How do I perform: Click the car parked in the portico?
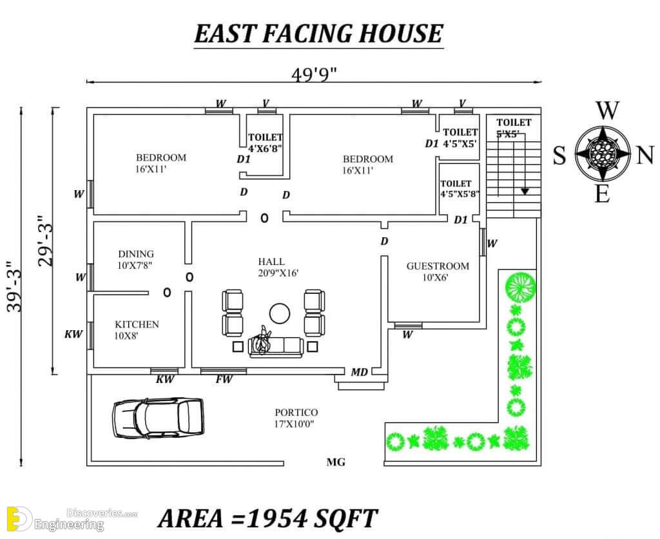(158, 418)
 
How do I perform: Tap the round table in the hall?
(280, 313)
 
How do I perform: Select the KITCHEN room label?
(137, 325)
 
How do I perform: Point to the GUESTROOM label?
(438, 266)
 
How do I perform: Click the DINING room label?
(136, 254)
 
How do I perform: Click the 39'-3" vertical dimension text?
(15, 287)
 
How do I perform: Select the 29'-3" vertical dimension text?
(46, 241)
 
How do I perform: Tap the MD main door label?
(360, 372)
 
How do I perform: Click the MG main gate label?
(336, 462)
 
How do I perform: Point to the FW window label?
(224, 379)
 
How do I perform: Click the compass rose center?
(603, 154)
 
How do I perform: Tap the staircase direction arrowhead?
(525, 191)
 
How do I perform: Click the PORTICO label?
(296, 413)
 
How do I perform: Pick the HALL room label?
(271, 262)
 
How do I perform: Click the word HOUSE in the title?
(401, 34)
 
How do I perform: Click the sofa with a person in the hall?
(276, 346)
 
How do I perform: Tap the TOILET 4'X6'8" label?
(265, 142)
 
